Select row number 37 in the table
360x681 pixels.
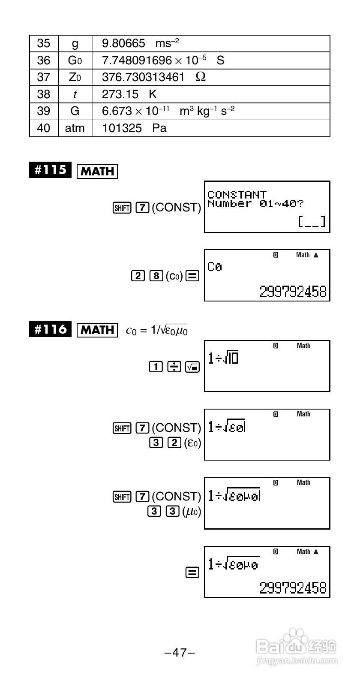tap(43, 77)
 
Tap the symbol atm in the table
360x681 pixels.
tap(75, 128)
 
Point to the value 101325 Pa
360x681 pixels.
tap(134, 128)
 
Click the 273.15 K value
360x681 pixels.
tap(129, 94)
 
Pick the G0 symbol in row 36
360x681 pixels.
tap(75, 60)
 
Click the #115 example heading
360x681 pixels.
tap(50, 170)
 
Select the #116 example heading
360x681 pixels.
tap(50, 329)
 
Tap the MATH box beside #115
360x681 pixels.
tap(97, 172)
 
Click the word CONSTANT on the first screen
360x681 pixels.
tap(237, 195)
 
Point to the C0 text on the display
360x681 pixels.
tap(215, 267)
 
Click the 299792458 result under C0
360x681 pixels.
tap(293, 292)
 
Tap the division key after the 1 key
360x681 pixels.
tap(174, 367)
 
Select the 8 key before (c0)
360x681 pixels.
tap(155, 276)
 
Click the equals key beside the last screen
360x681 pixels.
tap(192, 573)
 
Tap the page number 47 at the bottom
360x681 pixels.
tap(180, 653)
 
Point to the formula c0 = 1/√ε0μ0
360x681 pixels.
tap(156, 330)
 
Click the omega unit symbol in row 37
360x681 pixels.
tap(200, 77)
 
